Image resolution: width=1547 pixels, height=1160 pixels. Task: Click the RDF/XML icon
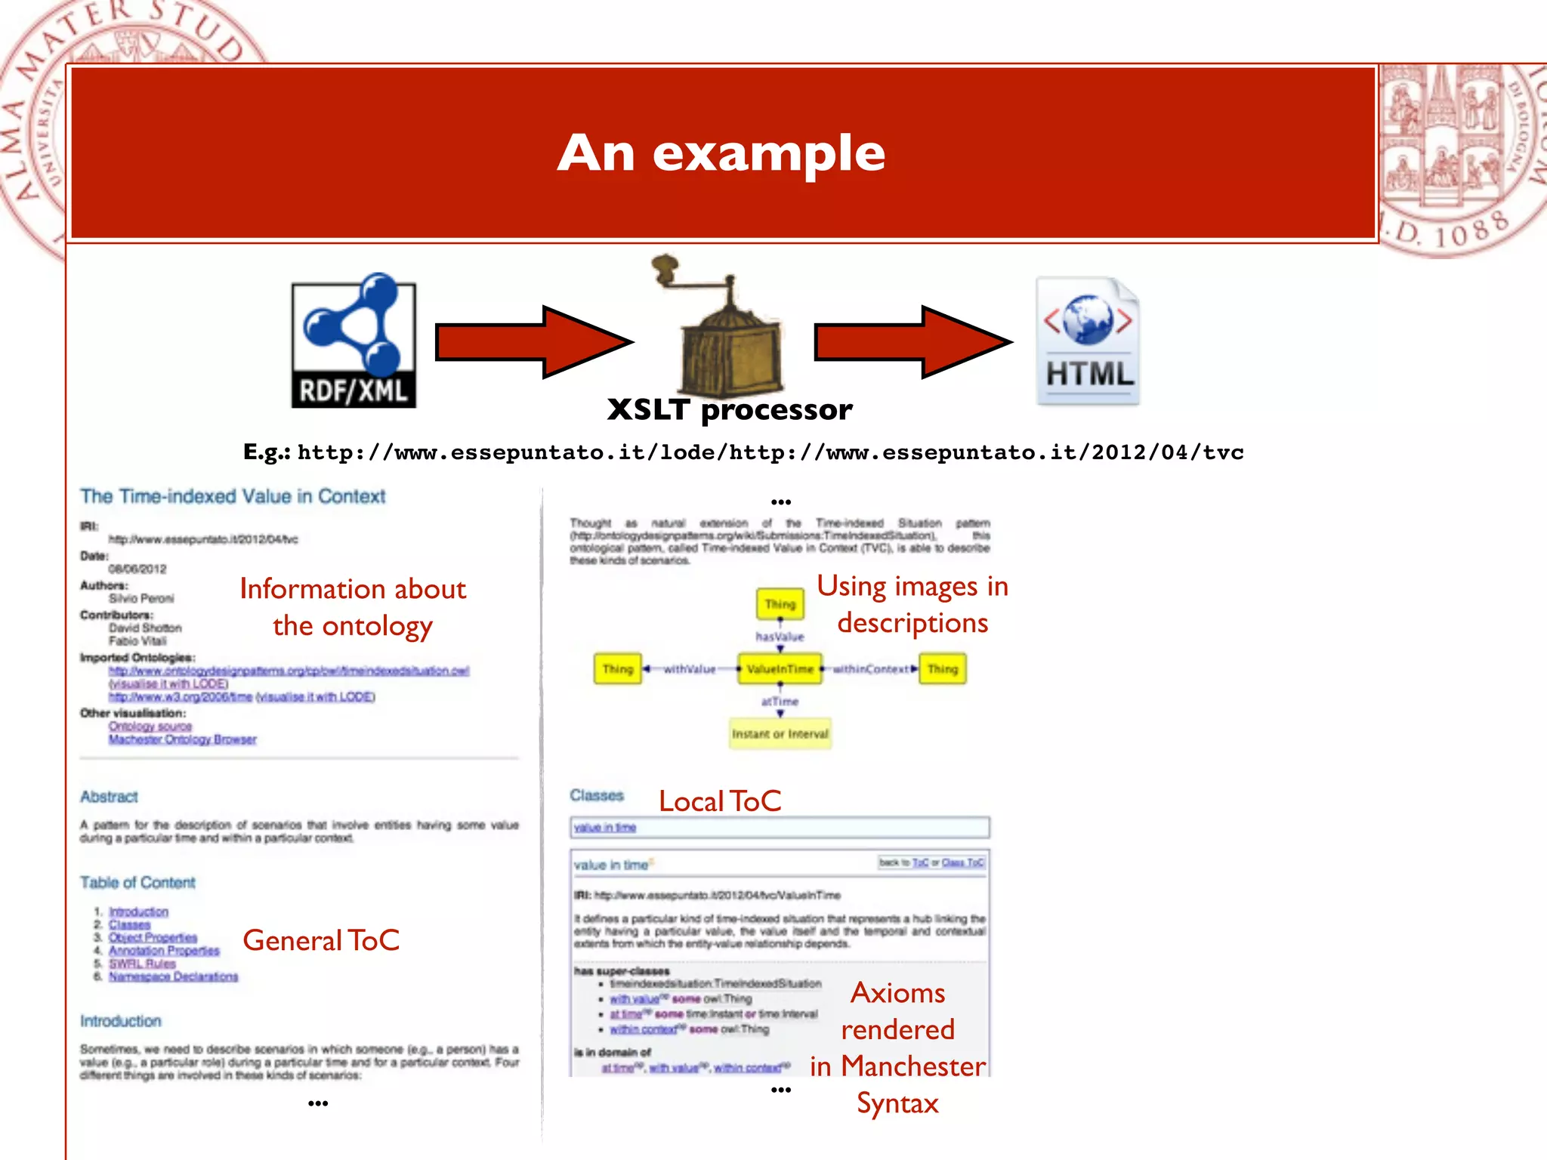(354, 341)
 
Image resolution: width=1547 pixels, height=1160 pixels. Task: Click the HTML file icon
(1088, 341)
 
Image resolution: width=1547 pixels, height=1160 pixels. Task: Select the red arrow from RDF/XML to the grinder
(533, 342)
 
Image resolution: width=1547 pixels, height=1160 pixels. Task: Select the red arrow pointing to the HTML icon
(912, 342)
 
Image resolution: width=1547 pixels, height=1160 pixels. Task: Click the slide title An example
(721, 153)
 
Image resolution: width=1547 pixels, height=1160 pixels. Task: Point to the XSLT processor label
(730, 410)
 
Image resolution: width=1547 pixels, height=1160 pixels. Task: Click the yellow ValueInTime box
(780, 669)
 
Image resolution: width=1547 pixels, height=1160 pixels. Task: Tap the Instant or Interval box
(780, 734)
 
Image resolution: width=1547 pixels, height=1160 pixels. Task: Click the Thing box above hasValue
(780, 604)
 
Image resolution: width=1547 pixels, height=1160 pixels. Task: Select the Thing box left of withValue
(617, 669)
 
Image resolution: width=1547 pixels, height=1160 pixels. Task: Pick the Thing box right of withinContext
(942, 669)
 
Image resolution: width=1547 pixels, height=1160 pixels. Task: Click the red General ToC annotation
(321, 941)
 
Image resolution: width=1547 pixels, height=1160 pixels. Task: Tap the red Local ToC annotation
(720, 801)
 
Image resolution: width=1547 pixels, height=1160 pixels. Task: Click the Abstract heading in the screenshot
(110, 797)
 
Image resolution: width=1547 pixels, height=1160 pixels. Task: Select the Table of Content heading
(137, 883)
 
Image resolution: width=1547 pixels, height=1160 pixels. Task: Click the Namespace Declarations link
(173, 977)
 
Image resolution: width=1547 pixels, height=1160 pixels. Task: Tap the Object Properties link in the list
(153, 938)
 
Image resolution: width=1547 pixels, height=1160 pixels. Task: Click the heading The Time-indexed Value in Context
(233, 496)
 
